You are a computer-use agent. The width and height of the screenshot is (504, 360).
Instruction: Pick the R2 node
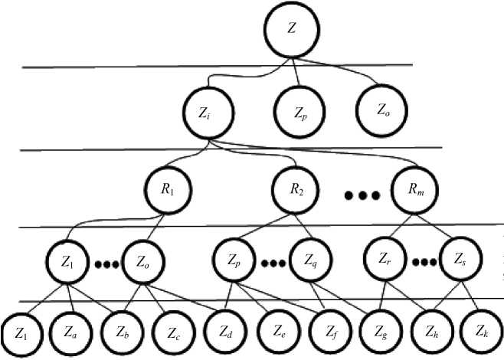click(x=297, y=188)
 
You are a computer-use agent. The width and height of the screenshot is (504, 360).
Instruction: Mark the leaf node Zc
click(x=173, y=334)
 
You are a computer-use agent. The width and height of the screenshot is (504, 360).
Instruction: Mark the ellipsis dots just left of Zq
click(x=273, y=263)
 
